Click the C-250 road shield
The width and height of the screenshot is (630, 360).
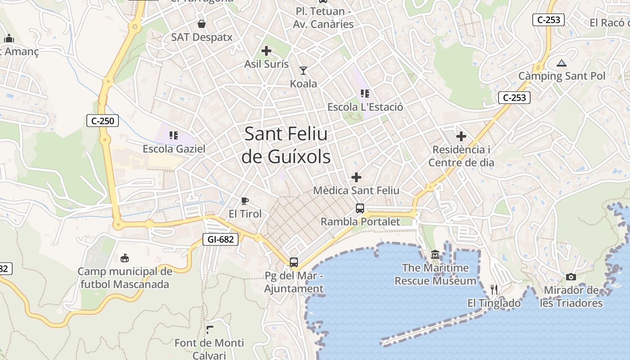[103, 121]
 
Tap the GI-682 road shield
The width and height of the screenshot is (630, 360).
[220, 239]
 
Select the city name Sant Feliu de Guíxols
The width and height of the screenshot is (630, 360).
[286, 145]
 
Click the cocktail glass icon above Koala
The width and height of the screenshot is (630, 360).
[303, 71]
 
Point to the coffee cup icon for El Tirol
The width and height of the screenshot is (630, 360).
[244, 201]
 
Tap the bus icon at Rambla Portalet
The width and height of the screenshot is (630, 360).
[360, 208]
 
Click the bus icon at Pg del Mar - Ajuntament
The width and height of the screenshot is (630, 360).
[294, 262]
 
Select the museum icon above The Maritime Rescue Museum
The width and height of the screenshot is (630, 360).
[435, 255]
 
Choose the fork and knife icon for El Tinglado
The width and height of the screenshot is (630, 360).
[494, 290]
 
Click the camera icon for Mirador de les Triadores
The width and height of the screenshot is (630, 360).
[571, 277]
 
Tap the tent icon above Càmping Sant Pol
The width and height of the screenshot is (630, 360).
[561, 63]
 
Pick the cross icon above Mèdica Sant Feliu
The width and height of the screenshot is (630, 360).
[356, 177]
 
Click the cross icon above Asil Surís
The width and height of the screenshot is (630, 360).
[266, 51]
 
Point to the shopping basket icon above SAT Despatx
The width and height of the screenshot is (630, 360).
[202, 24]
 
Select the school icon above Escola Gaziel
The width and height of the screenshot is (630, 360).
[174, 135]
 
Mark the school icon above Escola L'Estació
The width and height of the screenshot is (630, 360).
[365, 94]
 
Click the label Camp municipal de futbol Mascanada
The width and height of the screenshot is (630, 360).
[125, 278]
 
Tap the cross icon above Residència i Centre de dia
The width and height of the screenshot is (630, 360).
[461, 136]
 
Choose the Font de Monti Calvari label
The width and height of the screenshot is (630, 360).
[209, 349]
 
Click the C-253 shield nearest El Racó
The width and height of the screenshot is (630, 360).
[548, 20]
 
